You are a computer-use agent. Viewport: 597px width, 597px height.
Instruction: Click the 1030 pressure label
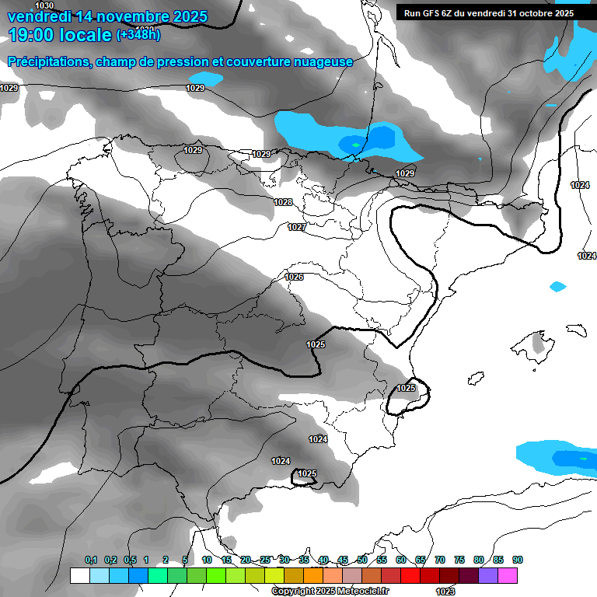[45, 5]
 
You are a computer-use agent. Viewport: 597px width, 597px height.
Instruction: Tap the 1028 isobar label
[283, 202]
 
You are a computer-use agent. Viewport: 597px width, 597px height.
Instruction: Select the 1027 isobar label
[296, 227]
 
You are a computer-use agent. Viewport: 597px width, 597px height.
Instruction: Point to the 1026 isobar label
[294, 277]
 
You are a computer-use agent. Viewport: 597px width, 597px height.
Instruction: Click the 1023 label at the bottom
[445, 592]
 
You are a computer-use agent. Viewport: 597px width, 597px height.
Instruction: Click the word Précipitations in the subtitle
[48, 61]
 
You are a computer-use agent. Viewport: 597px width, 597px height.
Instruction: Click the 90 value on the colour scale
[517, 560]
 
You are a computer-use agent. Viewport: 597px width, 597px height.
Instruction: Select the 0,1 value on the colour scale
[91, 560]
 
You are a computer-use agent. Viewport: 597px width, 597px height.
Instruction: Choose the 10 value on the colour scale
[207, 560]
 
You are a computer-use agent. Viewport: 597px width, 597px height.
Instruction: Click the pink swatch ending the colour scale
[508, 575]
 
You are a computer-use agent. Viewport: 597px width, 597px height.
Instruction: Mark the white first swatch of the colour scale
[79, 575]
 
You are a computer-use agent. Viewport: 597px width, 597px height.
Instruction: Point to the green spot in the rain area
[355, 144]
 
